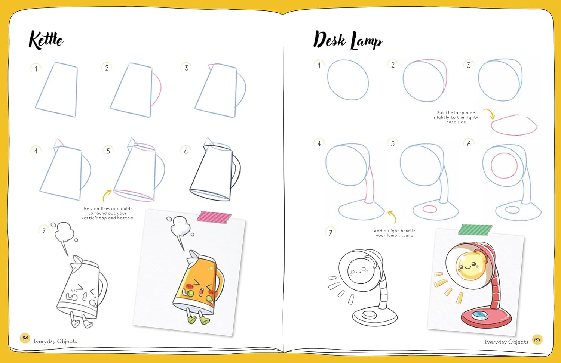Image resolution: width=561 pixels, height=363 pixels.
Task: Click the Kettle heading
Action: click(x=46, y=40)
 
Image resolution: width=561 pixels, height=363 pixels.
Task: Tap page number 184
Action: click(x=25, y=338)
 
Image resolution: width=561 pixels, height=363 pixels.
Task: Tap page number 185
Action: click(x=537, y=340)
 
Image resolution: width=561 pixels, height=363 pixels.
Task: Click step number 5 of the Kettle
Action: click(x=108, y=151)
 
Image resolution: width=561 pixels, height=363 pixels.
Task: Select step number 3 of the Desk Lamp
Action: click(x=469, y=65)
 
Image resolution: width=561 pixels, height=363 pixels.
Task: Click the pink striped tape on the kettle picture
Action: click(x=214, y=217)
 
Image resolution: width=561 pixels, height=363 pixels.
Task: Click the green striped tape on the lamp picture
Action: click(x=475, y=230)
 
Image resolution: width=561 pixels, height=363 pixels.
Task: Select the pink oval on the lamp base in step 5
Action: click(x=430, y=209)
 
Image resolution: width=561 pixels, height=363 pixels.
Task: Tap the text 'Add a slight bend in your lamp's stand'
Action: click(x=395, y=233)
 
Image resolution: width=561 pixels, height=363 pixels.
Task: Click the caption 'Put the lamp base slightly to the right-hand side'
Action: click(x=456, y=117)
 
